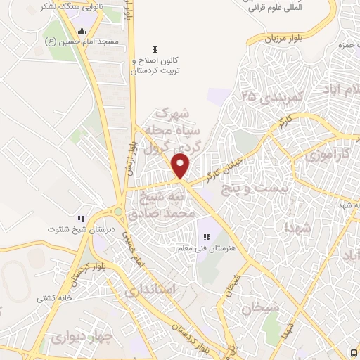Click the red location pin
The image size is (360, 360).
[x=181, y=166]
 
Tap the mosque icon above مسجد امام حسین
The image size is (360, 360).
[x=82, y=31]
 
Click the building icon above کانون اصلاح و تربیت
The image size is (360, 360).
[x=155, y=49]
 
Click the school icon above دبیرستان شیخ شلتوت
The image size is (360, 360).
[x=81, y=219]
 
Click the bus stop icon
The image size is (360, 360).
[x=353, y=352]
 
